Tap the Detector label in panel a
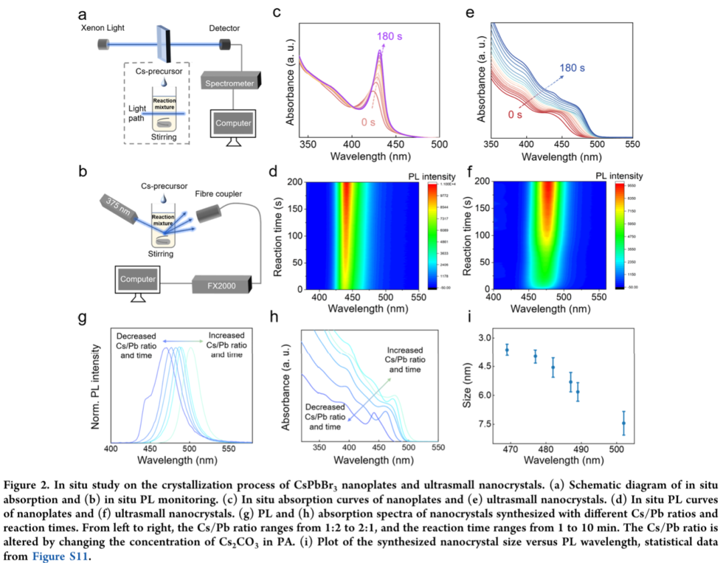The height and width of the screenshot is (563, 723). (224, 29)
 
